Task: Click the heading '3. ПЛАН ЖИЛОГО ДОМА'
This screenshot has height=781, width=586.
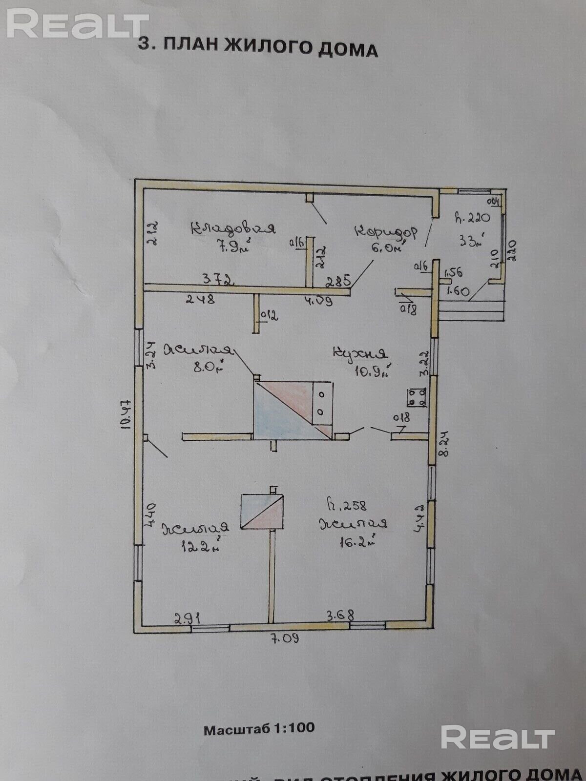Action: tap(258, 47)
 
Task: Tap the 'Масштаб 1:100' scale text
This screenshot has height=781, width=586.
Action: tap(259, 729)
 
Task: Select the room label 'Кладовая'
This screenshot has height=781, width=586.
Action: tap(233, 228)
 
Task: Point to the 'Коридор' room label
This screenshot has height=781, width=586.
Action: tap(386, 232)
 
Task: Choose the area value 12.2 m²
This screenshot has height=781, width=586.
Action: tap(199, 547)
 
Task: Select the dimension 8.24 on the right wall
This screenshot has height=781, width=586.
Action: tap(444, 444)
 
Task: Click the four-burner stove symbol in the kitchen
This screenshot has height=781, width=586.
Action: tap(417, 397)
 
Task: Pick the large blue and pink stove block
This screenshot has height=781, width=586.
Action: tap(293, 410)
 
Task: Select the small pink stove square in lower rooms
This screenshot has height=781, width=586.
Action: tap(263, 511)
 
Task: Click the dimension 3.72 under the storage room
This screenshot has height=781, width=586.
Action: tap(218, 280)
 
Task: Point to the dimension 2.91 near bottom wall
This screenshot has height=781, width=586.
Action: tap(188, 618)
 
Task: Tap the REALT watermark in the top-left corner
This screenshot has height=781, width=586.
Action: tap(77, 24)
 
